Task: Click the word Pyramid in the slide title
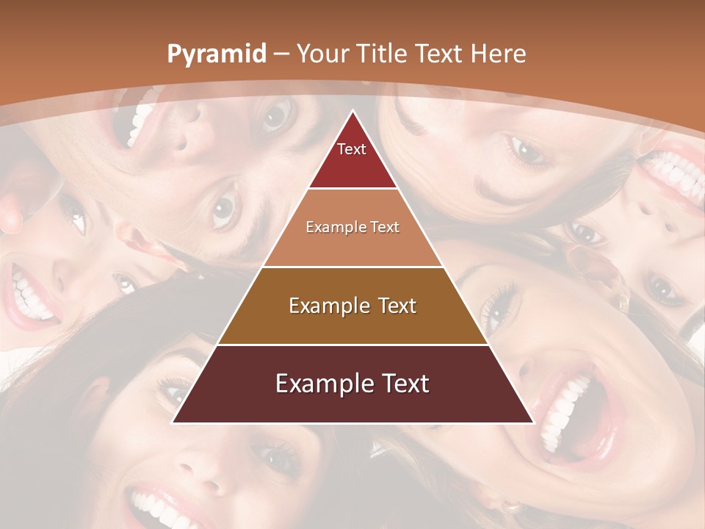click(216, 54)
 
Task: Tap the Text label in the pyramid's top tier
click(352, 149)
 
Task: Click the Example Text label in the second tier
click(352, 227)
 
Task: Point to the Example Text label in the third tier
click(352, 306)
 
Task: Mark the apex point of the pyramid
click(352, 112)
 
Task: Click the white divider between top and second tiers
click(352, 189)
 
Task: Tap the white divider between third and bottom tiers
click(352, 345)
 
